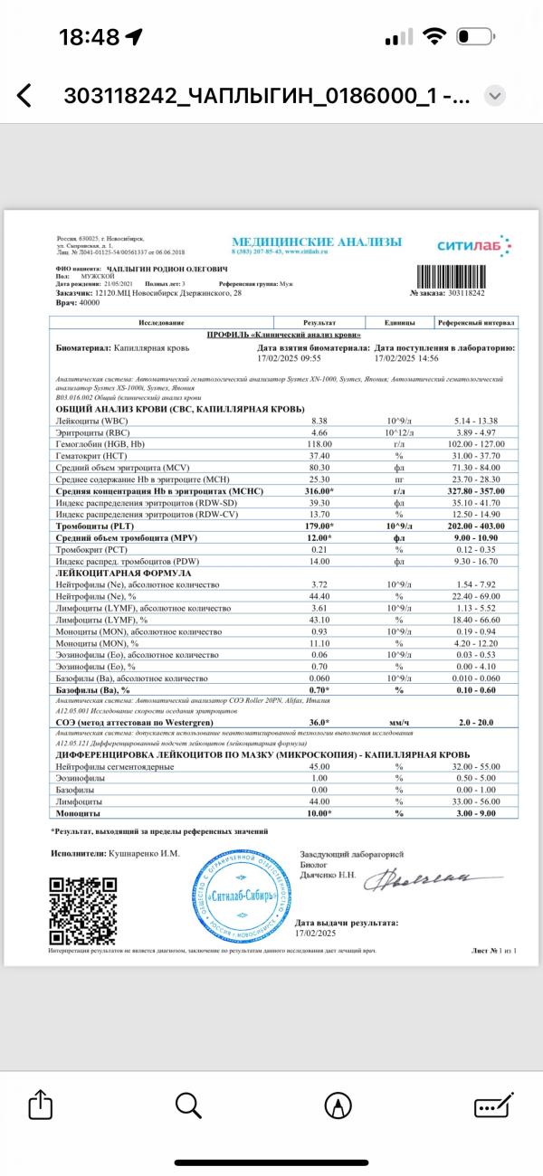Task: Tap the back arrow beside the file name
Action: pyautogui.click(x=24, y=96)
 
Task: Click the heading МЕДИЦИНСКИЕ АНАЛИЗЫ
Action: pyautogui.click(x=317, y=242)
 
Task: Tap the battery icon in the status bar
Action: pyautogui.click(x=474, y=37)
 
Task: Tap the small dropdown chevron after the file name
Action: pyautogui.click(x=495, y=96)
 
